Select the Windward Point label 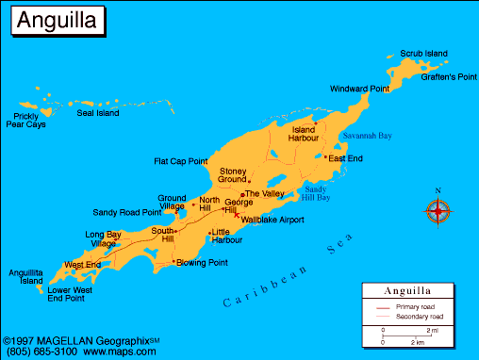point(359,89)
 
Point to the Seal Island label point(98,113)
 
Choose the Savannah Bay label point(366,136)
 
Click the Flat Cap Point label point(180,161)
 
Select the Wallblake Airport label point(273,220)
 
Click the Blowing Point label point(203,263)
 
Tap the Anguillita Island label point(25,276)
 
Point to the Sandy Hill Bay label point(315,193)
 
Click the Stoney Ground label point(232,175)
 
